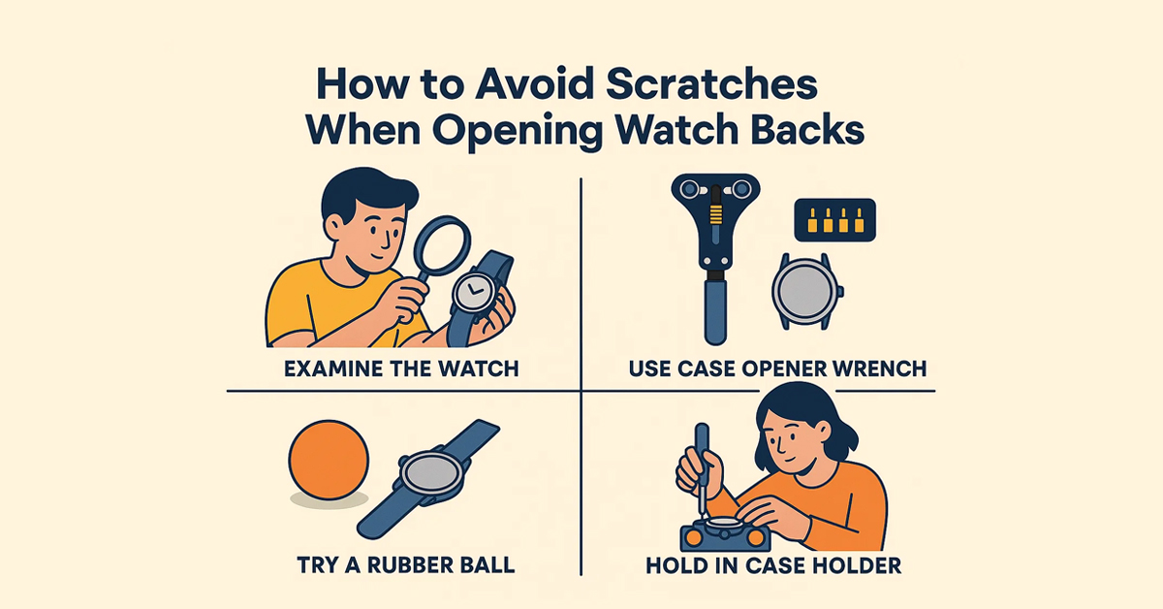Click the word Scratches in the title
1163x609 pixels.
(x=710, y=83)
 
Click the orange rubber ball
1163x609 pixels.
(x=329, y=460)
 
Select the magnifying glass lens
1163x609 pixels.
(x=442, y=245)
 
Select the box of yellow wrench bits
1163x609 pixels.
(x=834, y=220)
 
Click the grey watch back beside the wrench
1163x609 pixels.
(x=803, y=291)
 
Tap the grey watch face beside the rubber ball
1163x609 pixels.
(x=430, y=474)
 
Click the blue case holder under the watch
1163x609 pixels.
(x=725, y=536)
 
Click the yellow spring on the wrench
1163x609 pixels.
(x=716, y=214)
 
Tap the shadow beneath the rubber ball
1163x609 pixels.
(x=330, y=499)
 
